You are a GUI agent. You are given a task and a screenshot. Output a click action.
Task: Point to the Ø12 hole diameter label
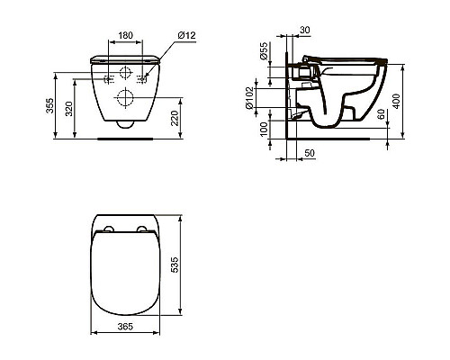pyautogui.click(x=186, y=35)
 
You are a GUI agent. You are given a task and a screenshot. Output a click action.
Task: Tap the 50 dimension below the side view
pyautogui.click(x=309, y=155)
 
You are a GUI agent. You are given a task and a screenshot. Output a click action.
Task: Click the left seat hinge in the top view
pyautogui.click(x=108, y=228)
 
